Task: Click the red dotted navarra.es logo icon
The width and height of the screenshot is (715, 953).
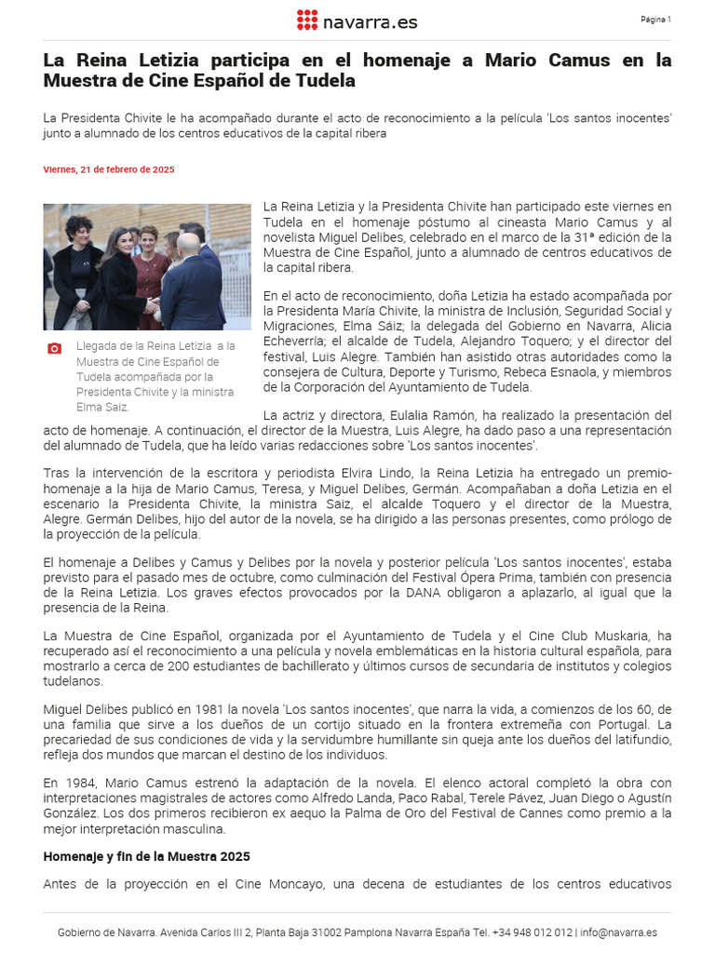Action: tap(306, 20)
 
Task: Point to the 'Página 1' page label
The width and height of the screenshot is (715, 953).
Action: tap(655, 20)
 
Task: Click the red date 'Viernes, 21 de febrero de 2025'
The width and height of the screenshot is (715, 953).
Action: tap(109, 169)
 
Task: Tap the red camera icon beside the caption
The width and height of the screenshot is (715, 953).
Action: tap(54, 348)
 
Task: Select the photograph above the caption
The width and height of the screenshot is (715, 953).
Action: tap(147, 267)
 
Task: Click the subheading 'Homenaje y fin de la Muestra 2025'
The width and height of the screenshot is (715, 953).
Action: tap(147, 856)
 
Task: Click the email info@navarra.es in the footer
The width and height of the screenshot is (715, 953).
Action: tap(619, 933)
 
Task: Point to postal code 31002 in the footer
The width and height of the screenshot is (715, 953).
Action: tap(325, 933)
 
